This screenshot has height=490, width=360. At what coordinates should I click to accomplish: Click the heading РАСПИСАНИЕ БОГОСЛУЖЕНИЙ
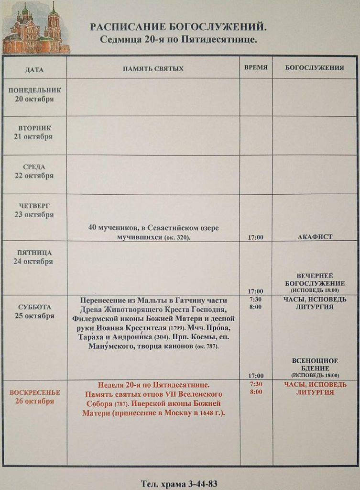[178, 27]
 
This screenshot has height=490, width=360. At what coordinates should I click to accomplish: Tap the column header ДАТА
[34, 69]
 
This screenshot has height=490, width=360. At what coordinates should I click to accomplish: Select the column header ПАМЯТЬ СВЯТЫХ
[153, 69]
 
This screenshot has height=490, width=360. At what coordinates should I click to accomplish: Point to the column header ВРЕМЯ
[256, 67]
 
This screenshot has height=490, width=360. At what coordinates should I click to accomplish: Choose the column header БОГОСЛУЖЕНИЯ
[315, 68]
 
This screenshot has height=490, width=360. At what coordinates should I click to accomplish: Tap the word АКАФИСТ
[315, 237]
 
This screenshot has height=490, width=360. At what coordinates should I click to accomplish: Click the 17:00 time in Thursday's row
[256, 237]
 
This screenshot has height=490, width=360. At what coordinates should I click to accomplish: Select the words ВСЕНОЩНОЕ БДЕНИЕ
[315, 365]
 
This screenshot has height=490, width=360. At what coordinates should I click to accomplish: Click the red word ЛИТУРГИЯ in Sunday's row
[315, 392]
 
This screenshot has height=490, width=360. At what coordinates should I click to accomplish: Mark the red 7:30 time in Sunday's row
[256, 384]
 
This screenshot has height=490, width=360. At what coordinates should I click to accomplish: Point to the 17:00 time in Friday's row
[256, 291]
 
